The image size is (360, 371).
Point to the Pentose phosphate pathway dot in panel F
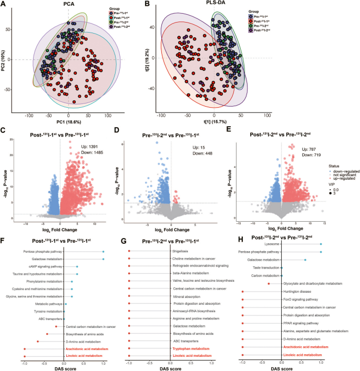103,251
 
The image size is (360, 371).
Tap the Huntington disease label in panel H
298,292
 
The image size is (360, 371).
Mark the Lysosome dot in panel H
321,244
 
